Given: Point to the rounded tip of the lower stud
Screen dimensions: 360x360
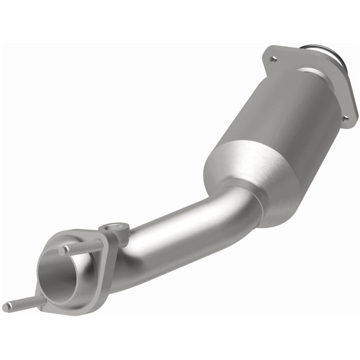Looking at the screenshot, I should (x=6, y=307).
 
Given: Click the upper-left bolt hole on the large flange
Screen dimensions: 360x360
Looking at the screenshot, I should (x=274, y=59).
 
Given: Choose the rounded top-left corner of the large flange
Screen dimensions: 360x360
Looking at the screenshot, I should (x=267, y=50).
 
